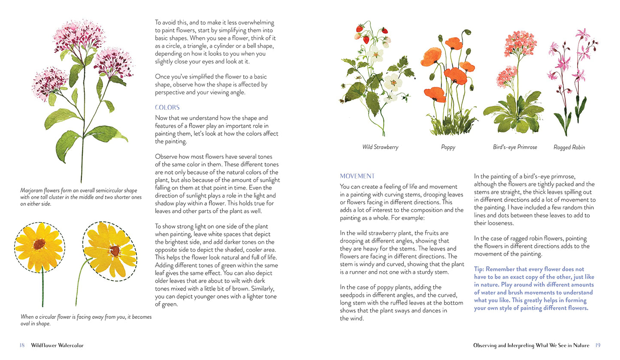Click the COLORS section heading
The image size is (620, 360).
(167, 107)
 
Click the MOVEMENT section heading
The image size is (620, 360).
(357, 176)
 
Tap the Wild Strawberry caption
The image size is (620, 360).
(380, 147)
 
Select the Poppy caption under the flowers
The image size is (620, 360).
(448, 147)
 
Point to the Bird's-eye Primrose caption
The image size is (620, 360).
(515, 147)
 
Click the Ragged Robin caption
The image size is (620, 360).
(569, 147)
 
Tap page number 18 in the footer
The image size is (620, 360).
(22, 345)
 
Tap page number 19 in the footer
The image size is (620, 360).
(598, 345)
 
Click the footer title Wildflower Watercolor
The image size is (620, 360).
(57, 345)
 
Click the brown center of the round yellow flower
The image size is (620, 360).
(39, 244)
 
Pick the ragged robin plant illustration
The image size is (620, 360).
(571, 82)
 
